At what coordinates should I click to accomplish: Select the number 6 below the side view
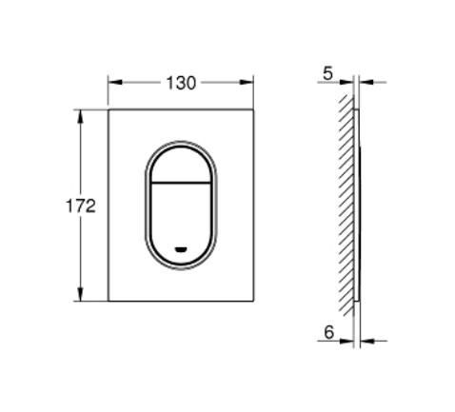329,334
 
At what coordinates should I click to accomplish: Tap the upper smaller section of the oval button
180,162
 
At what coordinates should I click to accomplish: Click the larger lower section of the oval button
180,214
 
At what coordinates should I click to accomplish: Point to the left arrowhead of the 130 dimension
112,83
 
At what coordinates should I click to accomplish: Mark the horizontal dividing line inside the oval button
180,182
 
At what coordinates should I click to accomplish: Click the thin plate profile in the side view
358,205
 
